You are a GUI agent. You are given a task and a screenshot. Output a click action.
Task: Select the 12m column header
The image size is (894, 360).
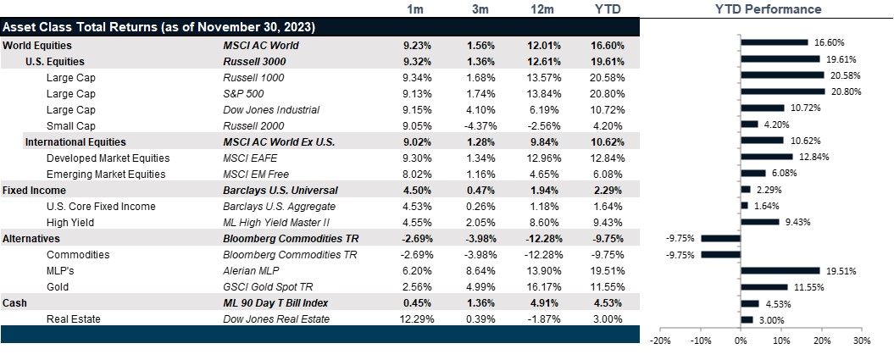click(x=546, y=9)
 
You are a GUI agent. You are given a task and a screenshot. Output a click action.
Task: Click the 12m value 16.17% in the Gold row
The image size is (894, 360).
click(x=546, y=286)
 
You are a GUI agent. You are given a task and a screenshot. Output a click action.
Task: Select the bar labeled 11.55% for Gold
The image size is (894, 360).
click(x=764, y=286)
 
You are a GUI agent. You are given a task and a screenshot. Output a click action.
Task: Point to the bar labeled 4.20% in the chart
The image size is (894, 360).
click(x=749, y=125)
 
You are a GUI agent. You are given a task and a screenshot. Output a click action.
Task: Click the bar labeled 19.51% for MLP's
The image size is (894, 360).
click(x=780, y=270)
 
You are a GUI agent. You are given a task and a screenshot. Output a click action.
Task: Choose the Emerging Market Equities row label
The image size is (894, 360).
click(x=108, y=174)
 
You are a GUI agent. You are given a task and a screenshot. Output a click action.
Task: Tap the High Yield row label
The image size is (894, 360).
click(x=69, y=222)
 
